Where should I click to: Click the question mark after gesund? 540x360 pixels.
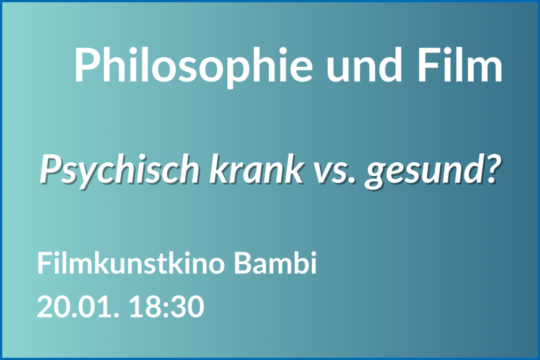point(488,169)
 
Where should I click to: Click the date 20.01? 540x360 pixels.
point(78,306)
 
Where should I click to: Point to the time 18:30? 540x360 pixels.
point(167,306)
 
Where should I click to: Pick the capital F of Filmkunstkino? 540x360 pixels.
point(45,263)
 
